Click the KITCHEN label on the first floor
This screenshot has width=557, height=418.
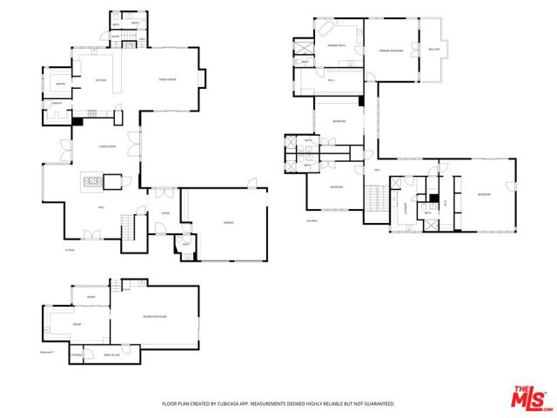[x=100, y=81]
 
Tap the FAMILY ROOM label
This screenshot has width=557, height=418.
[x=167, y=79]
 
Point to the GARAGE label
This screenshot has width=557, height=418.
[x=229, y=223]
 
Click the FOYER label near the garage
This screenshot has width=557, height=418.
[x=165, y=212]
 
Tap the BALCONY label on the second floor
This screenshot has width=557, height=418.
[x=435, y=50]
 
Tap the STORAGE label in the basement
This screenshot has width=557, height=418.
[x=77, y=355]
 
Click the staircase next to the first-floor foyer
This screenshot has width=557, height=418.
[x=132, y=229]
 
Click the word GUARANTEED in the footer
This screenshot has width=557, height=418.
[x=379, y=404]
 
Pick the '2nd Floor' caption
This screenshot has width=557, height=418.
[x=312, y=221]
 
